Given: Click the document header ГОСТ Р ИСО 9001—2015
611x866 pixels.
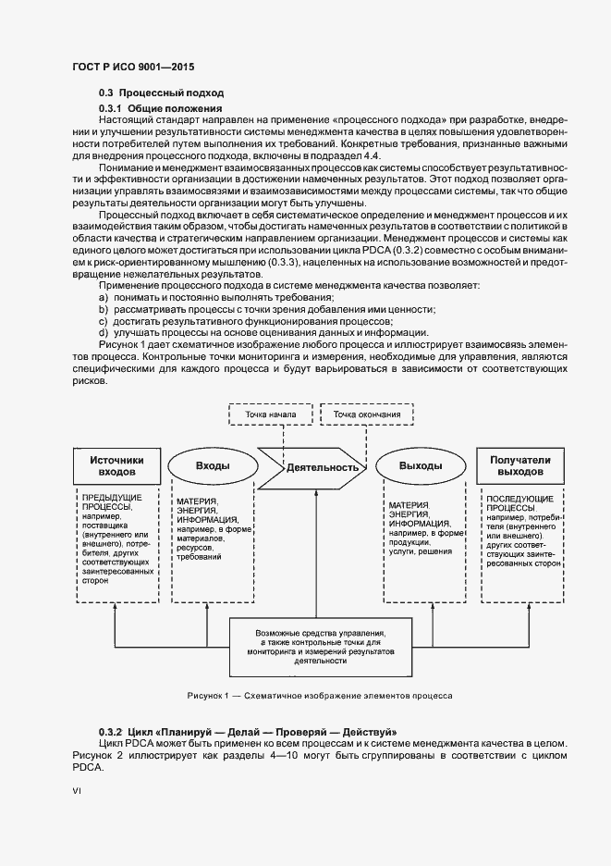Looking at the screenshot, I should pos(132,67).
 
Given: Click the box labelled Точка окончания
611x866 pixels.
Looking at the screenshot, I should pos(368,414).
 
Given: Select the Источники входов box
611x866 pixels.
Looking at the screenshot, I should pos(117,465).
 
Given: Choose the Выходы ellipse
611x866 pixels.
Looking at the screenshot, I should pos(420,465).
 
